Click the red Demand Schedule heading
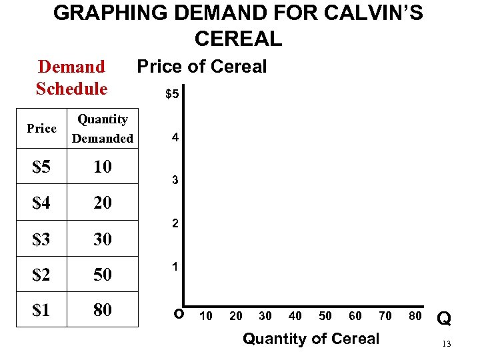click(71, 77)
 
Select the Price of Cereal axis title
click(201, 67)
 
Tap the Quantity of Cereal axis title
click(311, 339)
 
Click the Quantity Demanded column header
click(103, 129)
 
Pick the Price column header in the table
click(41, 129)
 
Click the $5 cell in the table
click(41, 167)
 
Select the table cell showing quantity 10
click(103, 167)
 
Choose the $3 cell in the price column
click(41, 239)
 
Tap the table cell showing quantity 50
click(103, 274)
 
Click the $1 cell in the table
click(41, 310)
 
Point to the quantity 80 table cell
click(103, 310)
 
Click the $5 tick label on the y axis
click(172, 95)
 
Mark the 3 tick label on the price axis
click(175, 181)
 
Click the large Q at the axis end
click(444, 319)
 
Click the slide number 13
click(447, 344)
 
